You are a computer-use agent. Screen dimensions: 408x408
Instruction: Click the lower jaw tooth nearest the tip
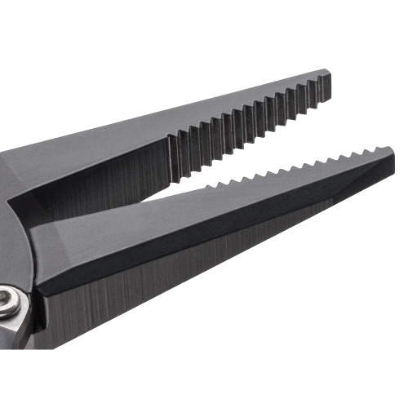click(x=375, y=151)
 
